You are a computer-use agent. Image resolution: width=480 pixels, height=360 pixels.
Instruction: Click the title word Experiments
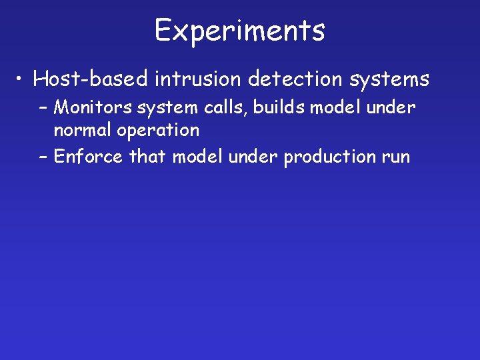click(x=240, y=30)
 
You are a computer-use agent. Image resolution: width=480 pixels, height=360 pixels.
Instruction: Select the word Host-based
click(x=91, y=79)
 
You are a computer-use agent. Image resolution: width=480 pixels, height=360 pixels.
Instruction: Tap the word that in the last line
click(x=148, y=157)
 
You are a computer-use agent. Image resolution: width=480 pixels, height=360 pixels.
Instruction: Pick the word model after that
click(x=198, y=157)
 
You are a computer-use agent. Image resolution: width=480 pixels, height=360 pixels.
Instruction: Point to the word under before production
click(x=254, y=157)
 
